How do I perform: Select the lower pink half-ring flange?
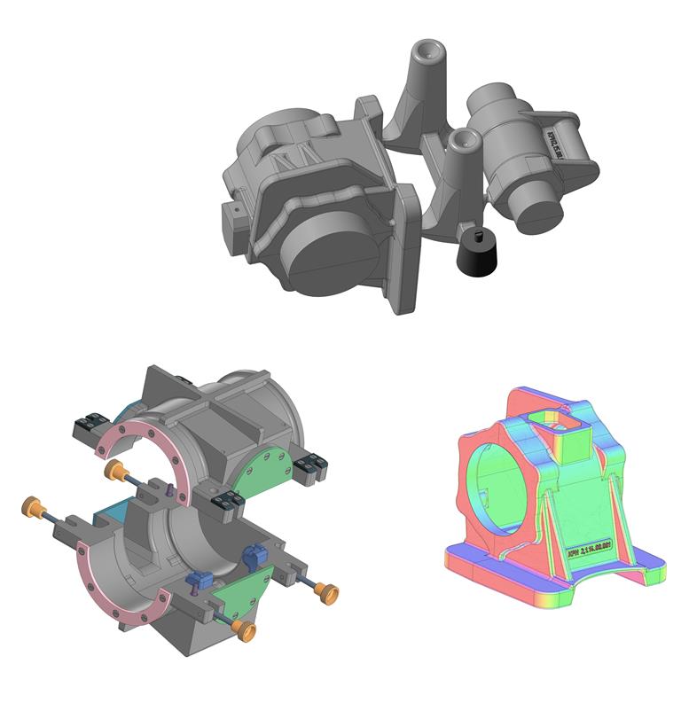click(106, 576)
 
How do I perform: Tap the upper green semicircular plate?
click(265, 460)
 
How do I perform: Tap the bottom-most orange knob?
click(246, 631)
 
